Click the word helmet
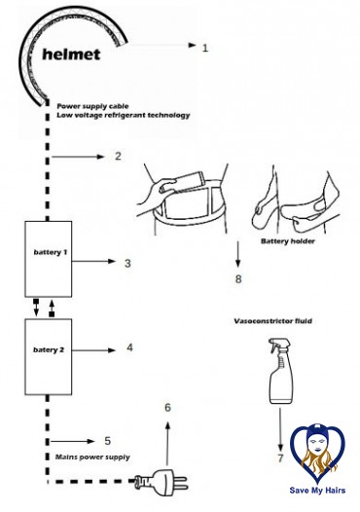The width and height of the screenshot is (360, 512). point(71,55)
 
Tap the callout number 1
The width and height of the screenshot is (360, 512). point(205,48)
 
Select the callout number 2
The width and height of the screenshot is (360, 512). point(118,156)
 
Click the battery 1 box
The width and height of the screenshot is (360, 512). point(49,259)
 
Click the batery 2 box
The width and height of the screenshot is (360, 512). point(49,356)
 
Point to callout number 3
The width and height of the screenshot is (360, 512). point(127,263)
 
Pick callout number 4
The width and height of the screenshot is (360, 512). point(129,347)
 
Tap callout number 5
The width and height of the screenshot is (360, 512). point(107,441)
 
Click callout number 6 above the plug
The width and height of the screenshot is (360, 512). point(167,407)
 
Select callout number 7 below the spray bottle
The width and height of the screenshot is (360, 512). point(280,458)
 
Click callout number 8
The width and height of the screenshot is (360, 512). point(238,278)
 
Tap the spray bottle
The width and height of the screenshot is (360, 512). point(280,371)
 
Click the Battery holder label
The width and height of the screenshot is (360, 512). point(288,241)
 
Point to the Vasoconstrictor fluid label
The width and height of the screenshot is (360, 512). point(272,321)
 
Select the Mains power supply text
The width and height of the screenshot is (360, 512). point(92,457)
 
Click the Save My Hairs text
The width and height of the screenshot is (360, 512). point(317,491)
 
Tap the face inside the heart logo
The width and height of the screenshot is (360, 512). point(316,442)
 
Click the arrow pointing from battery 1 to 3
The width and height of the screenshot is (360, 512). point(93,261)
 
